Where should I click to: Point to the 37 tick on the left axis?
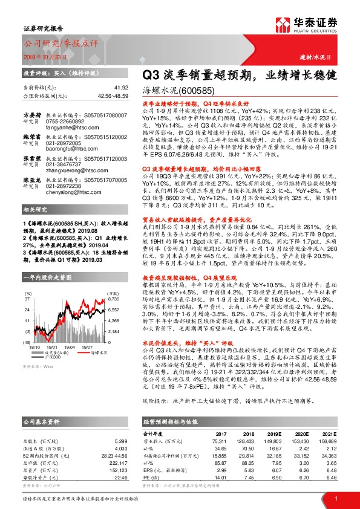coord(27,299)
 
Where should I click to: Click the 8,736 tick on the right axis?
coord(114,299)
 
